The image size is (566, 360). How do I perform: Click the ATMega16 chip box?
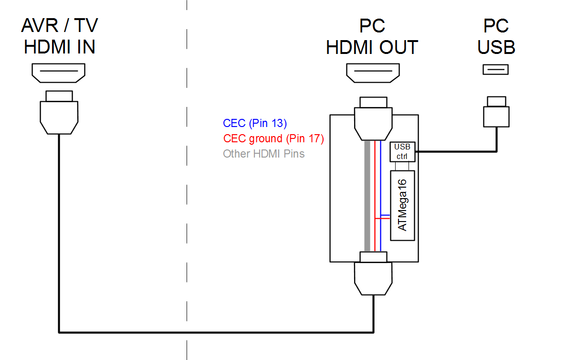[x=403, y=205]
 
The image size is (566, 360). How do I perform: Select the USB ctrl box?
[x=402, y=151]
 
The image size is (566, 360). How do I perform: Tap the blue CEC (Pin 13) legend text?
[x=255, y=123]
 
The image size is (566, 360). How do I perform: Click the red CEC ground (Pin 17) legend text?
[x=273, y=139]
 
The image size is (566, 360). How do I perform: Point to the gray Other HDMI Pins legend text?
[x=263, y=154]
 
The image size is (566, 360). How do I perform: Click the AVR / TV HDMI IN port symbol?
[x=58, y=73]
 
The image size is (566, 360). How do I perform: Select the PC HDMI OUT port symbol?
[x=373, y=73]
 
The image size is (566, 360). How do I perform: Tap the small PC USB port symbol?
[x=495, y=70]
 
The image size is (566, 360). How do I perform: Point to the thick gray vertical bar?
[x=367, y=196]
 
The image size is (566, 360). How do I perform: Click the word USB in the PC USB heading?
[x=496, y=47]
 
